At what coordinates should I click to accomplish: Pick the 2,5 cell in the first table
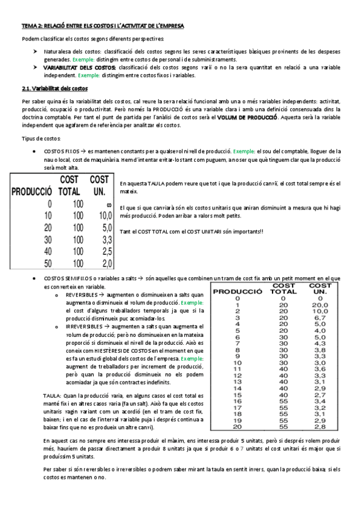(x=105, y=251)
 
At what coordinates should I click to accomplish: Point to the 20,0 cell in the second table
(x=320, y=306)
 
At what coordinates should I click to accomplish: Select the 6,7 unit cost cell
(x=320, y=318)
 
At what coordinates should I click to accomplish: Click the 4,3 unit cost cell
(x=320, y=344)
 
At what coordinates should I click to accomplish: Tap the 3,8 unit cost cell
(x=320, y=350)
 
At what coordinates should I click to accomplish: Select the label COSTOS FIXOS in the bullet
(x=60, y=151)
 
